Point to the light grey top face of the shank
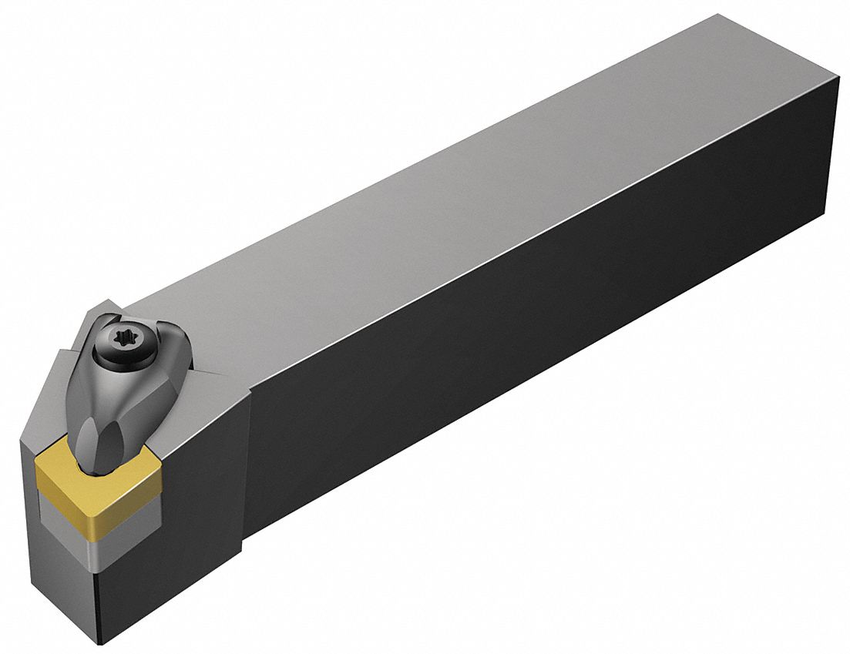(x=462, y=193)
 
